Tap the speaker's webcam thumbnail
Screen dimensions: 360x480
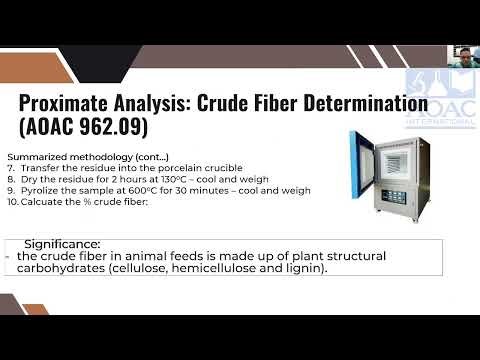[463, 57]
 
